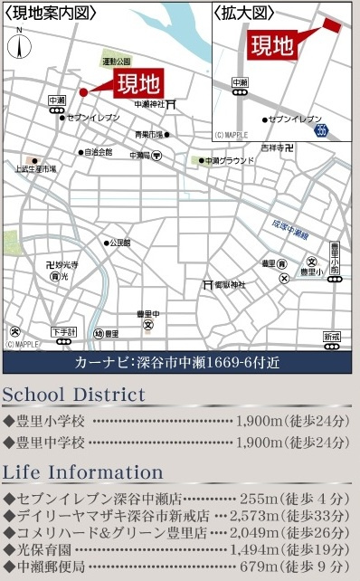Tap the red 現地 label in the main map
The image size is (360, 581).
(x=137, y=85)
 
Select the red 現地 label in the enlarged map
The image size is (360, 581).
(x=272, y=43)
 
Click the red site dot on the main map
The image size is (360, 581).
(x=82, y=92)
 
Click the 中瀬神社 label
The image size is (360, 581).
(x=151, y=105)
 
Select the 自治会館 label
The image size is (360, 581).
(x=99, y=152)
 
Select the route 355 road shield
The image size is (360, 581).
(x=323, y=133)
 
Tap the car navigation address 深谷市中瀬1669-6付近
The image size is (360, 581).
(x=217, y=363)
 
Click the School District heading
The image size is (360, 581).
(x=73, y=395)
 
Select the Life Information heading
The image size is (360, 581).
(x=82, y=472)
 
